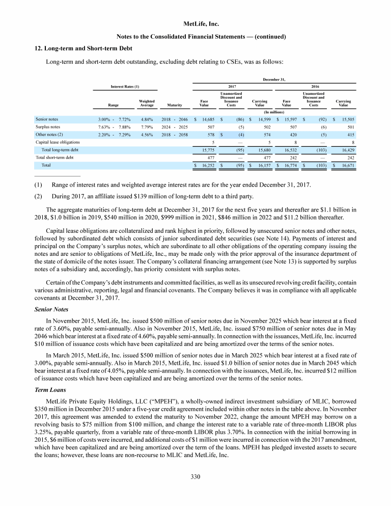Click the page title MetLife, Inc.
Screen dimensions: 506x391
(x=195, y=23)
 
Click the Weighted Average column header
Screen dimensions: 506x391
(x=147, y=104)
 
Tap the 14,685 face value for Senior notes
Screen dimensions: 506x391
(x=210, y=118)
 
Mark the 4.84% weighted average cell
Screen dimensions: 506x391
(x=147, y=118)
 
